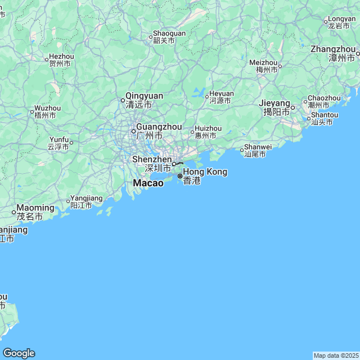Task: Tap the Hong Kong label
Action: tap(205, 172)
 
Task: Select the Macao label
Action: tap(148, 183)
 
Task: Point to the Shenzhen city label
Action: tap(151, 160)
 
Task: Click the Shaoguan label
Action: tap(169, 34)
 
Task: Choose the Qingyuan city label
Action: tap(144, 96)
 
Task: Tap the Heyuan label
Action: tap(221, 94)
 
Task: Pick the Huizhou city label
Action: tap(208, 129)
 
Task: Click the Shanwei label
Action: tap(258, 147)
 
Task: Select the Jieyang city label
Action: tap(274, 103)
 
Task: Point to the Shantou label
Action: tap(325, 115)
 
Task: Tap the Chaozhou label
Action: tap(324, 98)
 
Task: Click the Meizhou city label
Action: tap(263, 63)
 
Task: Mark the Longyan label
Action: tap(341, 20)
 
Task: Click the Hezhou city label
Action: tap(61, 57)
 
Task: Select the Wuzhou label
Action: tap(47, 108)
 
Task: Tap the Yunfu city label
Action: tap(59, 140)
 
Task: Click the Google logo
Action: tap(19, 353)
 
